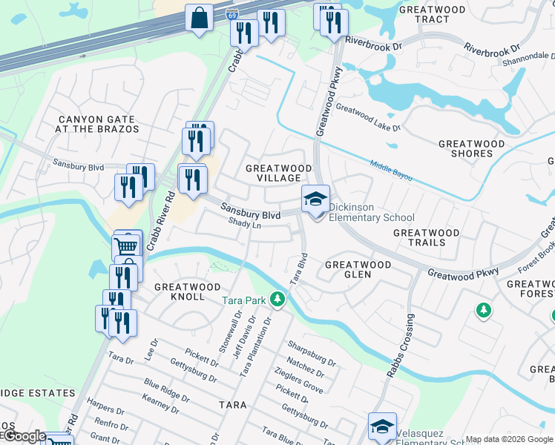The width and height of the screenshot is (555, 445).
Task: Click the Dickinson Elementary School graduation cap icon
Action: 315,199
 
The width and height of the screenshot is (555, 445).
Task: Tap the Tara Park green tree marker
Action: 277,300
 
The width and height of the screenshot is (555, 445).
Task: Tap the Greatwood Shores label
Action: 471,148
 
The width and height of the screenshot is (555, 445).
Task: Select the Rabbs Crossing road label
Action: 399,344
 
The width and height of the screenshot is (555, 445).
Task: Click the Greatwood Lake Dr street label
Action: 367,117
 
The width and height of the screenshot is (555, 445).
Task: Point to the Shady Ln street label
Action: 245,222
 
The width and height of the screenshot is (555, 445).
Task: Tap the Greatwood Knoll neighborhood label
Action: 187,291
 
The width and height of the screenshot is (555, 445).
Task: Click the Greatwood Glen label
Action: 358,269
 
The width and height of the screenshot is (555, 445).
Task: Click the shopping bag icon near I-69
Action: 200,17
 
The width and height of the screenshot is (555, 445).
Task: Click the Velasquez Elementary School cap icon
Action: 382,426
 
